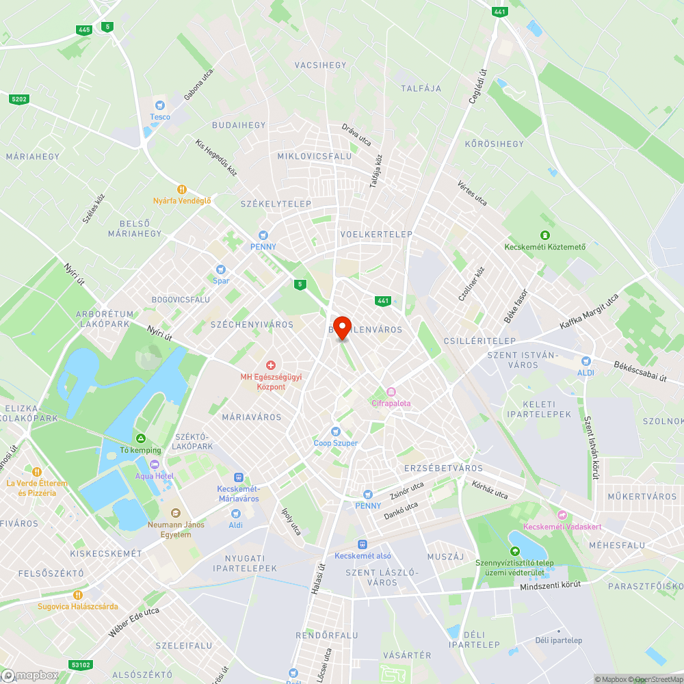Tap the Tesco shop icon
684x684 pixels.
tap(160, 105)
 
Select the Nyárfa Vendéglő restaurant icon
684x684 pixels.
tap(182, 189)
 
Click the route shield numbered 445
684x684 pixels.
tap(84, 29)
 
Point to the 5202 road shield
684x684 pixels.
tap(19, 99)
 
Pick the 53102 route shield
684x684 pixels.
tap(81, 664)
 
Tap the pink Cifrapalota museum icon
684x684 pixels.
tap(391, 392)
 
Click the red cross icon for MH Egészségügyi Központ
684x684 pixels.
tap(271, 367)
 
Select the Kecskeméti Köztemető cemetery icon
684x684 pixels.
tap(544, 236)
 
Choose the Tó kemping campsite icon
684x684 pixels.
tap(140, 438)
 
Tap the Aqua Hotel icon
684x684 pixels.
tap(154, 464)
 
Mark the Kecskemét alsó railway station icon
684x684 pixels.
tap(362, 544)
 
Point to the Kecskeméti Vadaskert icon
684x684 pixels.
tap(562, 515)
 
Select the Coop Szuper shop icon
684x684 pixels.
tap(335, 432)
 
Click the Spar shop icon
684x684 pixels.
tap(220, 269)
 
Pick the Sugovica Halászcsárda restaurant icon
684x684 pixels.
tap(78, 595)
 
